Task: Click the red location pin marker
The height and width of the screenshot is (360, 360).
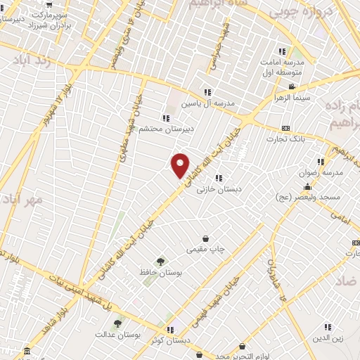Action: (181, 164)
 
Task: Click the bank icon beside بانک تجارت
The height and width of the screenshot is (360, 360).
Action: (285, 128)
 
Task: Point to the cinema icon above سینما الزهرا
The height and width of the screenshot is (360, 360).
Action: (290, 87)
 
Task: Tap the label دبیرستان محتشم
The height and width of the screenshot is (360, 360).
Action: (167, 129)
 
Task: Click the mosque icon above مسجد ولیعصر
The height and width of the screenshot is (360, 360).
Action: (307, 187)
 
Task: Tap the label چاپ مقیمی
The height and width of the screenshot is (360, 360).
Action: (205, 250)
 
